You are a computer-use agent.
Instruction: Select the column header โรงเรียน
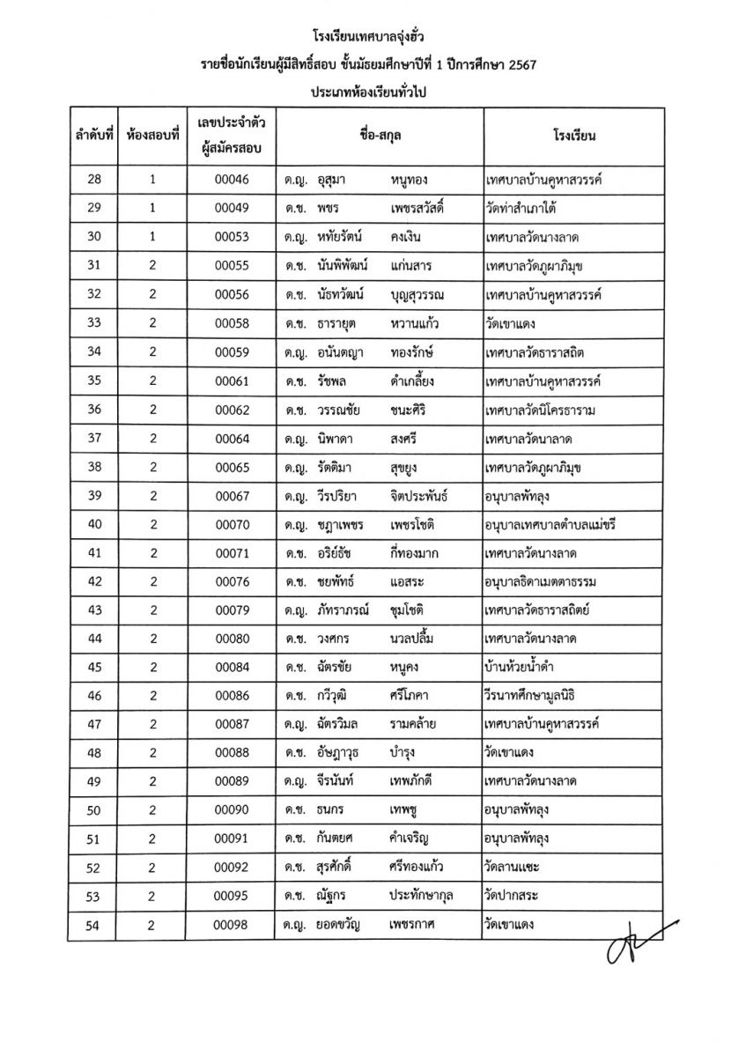(576, 137)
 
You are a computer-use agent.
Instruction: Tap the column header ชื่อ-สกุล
(379, 137)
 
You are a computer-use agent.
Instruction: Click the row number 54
(95, 924)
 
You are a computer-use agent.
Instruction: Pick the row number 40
(95, 524)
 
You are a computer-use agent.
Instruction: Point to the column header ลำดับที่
(95, 137)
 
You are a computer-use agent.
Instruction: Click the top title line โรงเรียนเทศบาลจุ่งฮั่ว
(373, 37)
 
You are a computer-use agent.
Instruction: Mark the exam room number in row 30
(152, 237)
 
